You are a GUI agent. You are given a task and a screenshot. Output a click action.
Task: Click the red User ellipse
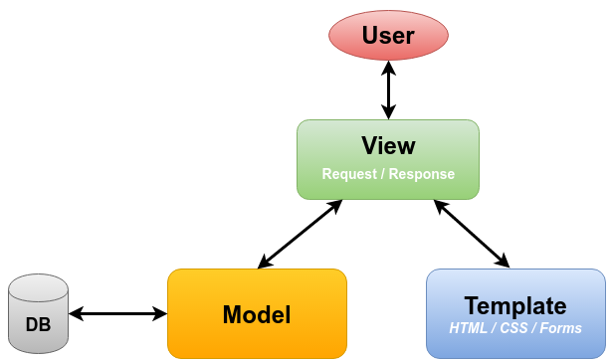coord(388,37)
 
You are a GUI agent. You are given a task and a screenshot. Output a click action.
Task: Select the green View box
coord(388,159)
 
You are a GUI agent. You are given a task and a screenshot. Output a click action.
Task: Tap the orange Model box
coord(257,314)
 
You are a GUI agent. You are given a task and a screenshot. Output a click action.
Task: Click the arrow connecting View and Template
coord(472,234)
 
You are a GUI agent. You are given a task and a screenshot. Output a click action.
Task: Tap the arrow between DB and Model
coord(117,314)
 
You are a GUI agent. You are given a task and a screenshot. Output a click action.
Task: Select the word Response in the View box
coord(422,174)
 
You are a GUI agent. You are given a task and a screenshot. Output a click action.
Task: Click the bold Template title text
coord(515,305)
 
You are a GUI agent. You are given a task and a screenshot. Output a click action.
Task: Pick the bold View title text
coord(388,146)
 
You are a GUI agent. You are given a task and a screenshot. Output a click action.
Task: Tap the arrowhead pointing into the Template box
coord(502,262)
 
